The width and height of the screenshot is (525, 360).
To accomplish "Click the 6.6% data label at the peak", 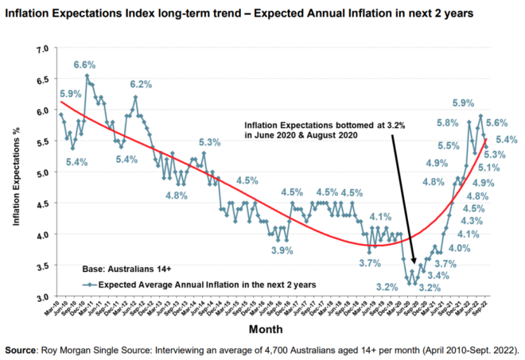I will [86, 64].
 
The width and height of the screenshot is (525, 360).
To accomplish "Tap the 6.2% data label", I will [141, 85].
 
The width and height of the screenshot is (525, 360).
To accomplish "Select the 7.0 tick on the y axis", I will [41, 49].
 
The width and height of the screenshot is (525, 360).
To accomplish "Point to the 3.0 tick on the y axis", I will [41, 296].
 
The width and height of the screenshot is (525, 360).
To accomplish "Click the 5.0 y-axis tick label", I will [41, 172].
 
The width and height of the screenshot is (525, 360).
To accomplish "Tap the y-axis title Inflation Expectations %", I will [16, 174].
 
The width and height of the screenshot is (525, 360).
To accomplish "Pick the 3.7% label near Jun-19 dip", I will [370, 263].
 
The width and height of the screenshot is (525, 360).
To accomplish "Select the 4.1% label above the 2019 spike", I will [380, 216].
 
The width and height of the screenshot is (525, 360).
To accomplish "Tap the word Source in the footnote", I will [23, 349].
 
